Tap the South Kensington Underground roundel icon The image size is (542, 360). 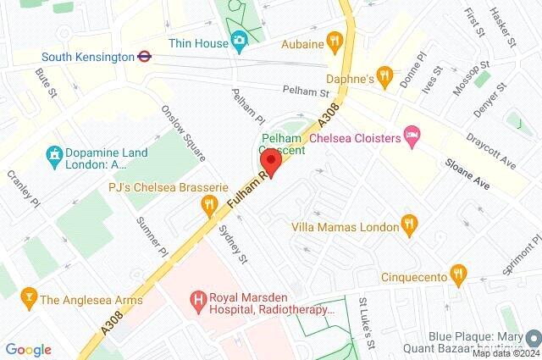145,57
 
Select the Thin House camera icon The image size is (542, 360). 240,40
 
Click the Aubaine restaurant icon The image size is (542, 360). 335,40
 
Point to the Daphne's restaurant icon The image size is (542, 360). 385,75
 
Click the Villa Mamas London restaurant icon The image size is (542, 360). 409,224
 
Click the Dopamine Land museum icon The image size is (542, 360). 53,156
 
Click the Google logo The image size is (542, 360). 28,350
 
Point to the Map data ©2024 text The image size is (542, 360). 505,353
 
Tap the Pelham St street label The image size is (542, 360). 306,91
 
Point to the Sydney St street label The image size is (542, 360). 232,245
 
